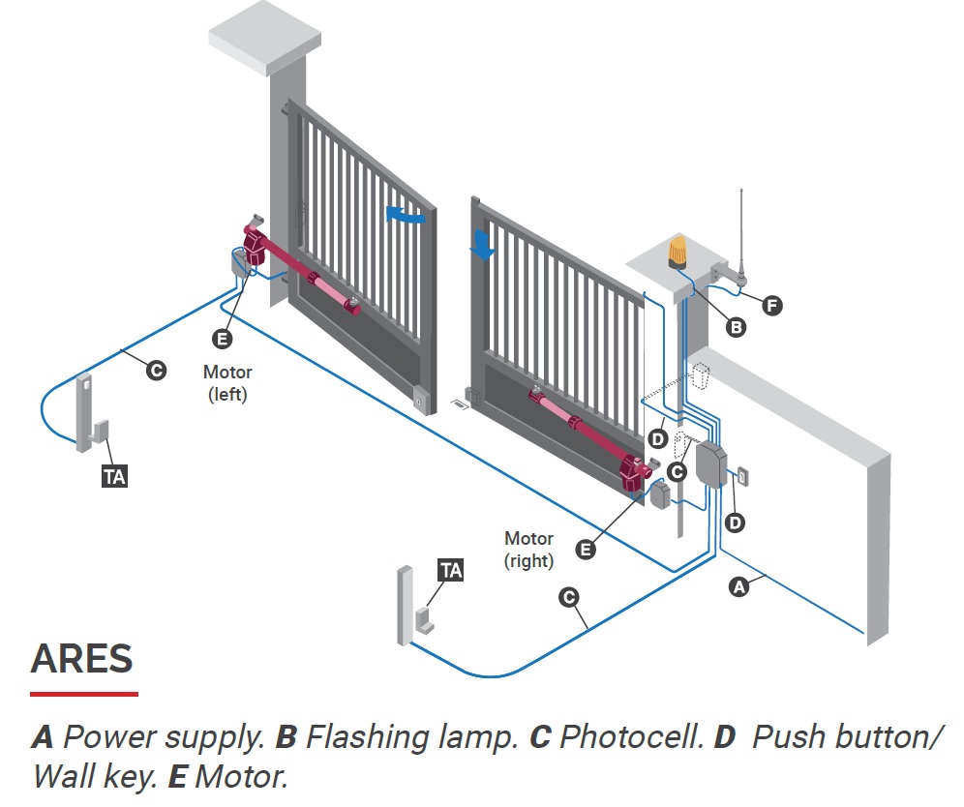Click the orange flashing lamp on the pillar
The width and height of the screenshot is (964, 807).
pyautogui.click(x=678, y=253)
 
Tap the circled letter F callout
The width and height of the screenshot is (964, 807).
pyautogui.click(x=772, y=306)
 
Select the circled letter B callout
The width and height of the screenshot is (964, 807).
pyautogui.click(x=736, y=327)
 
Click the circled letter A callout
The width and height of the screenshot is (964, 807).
pyautogui.click(x=739, y=587)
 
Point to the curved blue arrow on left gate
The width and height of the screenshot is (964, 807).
pyautogui.click(x=406, y=215)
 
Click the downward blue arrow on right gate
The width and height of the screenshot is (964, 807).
pyautogui.click(x=483, y=246)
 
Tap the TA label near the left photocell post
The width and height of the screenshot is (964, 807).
pyautogui.click(x=114, y=477)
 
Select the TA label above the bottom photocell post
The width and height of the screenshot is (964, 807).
pyautogui.click(x=451, y=570)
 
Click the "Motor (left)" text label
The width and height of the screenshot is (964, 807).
pyautogui.click(x=227, y=383)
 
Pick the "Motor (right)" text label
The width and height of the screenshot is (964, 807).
pyautogui.click(x=528, y=550)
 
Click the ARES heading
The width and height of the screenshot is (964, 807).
pyautogui.click(x=81, y=659)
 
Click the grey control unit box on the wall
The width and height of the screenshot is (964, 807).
pyautogui.click(x=711, y=465)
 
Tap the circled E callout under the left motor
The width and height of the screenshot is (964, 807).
pyautogui.click(x=222, y=339)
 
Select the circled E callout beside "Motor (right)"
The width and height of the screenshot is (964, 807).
pyautogui.click(x=586, y=549)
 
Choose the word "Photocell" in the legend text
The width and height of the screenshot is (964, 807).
pyautogui.click(x=631, y=736)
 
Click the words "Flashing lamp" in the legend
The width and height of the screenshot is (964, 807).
pyautogui.click(x=411, y=736)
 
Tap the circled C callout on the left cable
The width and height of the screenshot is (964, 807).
pyautogui.click(x=156, y=371)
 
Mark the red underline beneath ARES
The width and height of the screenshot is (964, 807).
pyautogui.click(x=84, y=694)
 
